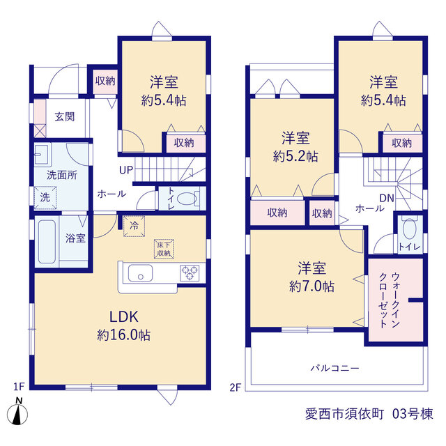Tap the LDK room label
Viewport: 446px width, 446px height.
[x=124, y=317]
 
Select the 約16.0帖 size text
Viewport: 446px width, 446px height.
[x=124, y=335]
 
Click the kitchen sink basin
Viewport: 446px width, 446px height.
[x=140, y=273]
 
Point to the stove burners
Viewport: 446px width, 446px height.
[x=190, y=272]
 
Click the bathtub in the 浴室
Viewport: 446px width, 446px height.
[x=47, y=242]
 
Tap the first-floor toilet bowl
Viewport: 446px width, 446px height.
[x=187, y=198]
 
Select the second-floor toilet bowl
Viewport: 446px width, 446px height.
[x=410, y=229]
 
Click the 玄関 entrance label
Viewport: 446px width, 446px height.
[x=65, y=117]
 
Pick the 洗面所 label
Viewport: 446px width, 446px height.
[x=62, y=175]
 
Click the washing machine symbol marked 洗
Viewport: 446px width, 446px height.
[x=45, y=197]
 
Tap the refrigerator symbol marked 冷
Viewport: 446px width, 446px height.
[x=134, y=226]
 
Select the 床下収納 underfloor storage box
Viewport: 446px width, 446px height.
[x=164, y=249]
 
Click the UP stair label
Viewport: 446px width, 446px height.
[x=126, y=170]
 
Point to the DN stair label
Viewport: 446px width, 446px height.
[x=387, y=198]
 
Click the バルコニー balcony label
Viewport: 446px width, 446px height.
[x=334, y=369]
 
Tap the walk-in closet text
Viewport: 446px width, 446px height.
[x=390, y=300]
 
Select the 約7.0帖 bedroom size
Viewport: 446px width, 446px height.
[x=312, y=286]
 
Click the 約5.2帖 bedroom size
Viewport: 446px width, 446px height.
[x=295, y=156]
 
